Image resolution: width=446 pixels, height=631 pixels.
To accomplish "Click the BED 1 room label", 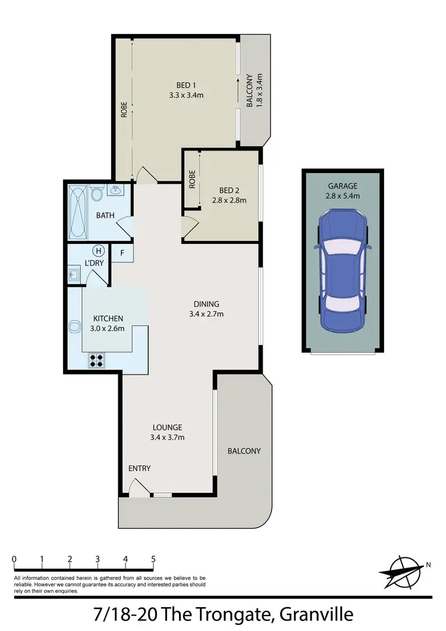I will (x=186, y=84).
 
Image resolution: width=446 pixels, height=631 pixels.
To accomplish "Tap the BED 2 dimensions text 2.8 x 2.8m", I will (x=230, y=200).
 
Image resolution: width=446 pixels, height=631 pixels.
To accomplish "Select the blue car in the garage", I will (x=343, y=271).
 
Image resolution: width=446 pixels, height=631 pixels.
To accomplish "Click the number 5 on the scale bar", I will (x=153, y=559).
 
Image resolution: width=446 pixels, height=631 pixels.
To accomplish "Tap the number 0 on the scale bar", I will (x=14, y=559).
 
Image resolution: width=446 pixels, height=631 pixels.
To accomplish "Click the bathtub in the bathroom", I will (x=77, y=212).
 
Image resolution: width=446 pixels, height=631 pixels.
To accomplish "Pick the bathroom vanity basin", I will (x=115, y=191).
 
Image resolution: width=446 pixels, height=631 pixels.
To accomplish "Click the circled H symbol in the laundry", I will (x=99, y=250).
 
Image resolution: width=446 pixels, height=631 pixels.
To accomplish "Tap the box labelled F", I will (x=123, y=253).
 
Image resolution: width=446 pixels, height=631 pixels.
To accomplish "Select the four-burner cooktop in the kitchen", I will (x=96, y=360).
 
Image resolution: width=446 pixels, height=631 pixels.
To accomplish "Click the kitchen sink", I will (x=76, y=327).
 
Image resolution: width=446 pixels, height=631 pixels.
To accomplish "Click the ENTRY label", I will (x=140, y=469).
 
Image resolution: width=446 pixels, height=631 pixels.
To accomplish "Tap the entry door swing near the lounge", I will (x=138, y=488).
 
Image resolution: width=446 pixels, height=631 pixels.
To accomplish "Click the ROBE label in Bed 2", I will (x=192, y=180).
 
